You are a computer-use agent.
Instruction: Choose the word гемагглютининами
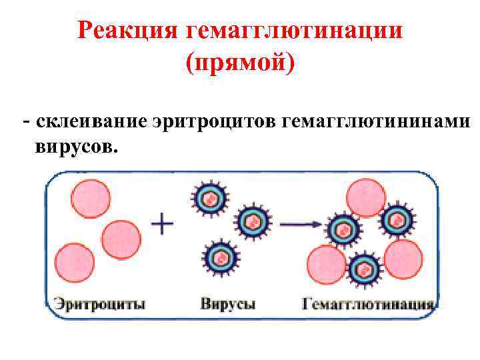coord(376,122)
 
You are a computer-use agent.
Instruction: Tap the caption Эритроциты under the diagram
coord(99,305)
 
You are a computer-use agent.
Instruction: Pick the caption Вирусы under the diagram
coord(227,305)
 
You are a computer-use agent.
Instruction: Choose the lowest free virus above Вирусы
coord(219,257)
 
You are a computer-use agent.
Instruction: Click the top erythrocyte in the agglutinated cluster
coord(366,197)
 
